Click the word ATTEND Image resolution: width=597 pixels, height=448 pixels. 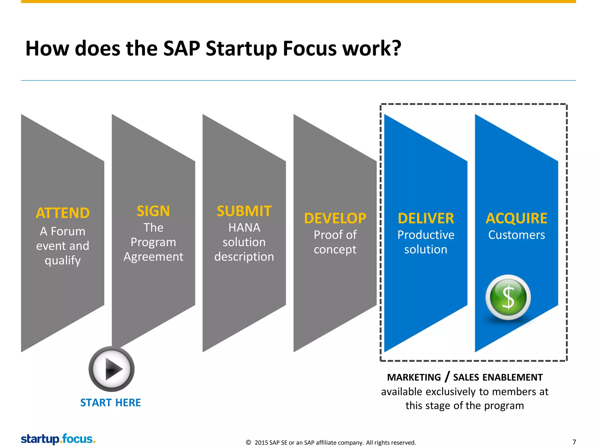click(63, 213)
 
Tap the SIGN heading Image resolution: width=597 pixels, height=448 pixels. click(153, 211)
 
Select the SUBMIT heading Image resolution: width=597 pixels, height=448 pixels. click(244, 211)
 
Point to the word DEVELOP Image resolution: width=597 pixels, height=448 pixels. click(335, 218)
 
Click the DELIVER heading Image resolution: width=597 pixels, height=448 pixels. click(426, 218)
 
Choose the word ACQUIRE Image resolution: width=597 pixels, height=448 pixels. click(517, 218)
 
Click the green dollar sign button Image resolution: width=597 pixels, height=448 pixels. click(508, 297)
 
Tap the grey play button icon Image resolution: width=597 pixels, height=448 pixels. click(112, 369)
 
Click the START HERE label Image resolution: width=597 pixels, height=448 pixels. click(110, 403)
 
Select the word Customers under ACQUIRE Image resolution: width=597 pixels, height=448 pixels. click(517, 235)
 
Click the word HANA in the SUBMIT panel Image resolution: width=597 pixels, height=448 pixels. click(244, 228)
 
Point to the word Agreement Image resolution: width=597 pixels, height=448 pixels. click(153, 257)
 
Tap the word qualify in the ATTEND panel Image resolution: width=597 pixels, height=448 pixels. click(63, 260)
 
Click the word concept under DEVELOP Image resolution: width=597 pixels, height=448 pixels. click(335, 250)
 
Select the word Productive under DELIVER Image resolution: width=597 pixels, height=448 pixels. click(426, 235)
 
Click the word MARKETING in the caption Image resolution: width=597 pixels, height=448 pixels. click(414, 377)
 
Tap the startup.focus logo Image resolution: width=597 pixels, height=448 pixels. click(58, 439)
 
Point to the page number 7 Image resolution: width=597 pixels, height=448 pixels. click(574, 442)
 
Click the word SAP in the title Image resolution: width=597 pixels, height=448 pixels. click(182, 48)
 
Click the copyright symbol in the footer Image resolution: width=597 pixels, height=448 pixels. click(248, 442)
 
